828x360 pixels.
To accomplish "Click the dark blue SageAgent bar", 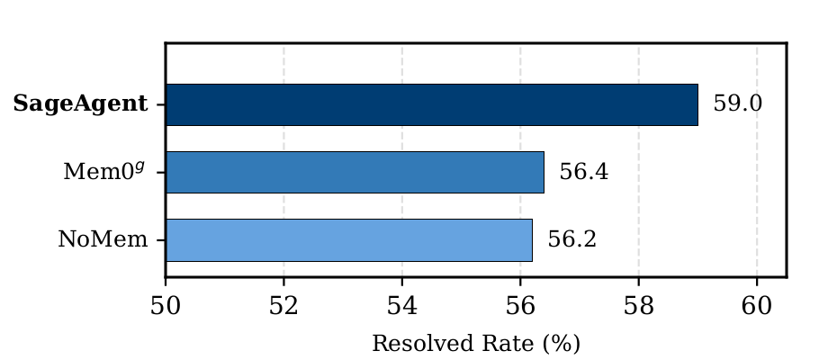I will pos(432,104).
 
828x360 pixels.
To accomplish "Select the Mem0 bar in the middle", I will pos(355,172).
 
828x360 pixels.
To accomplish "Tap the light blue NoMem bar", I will pos(349,239).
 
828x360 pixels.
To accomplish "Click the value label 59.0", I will pos(737,103).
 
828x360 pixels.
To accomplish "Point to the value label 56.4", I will pos(583,172).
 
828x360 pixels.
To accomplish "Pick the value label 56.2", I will pos(571,240).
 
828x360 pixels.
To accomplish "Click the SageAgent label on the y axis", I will pos(81,104).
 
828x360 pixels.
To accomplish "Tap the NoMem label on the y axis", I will pos(103,240).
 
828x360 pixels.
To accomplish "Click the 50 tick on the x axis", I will pos(166,304).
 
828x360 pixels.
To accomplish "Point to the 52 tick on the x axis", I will pos(283,304).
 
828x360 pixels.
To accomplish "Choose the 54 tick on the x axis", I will pos(402,304).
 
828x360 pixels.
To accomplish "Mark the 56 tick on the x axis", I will pos(520,304).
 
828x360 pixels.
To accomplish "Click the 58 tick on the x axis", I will pos(639,304).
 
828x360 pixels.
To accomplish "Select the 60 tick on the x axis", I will pos(757,304).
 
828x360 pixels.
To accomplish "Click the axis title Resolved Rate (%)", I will pos(475,343).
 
